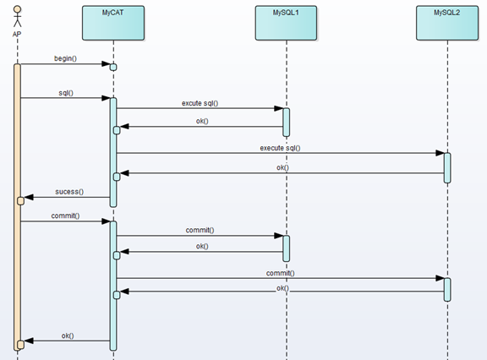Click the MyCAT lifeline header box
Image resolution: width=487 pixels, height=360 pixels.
pos(113,23)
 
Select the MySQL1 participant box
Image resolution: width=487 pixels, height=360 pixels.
pos(286,23)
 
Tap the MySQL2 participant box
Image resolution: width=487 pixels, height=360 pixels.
pos(447,23)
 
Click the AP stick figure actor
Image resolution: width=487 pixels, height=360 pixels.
pos(18,16)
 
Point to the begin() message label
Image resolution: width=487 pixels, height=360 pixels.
pos(65,58)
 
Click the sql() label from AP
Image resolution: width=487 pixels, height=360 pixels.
pos(66,93)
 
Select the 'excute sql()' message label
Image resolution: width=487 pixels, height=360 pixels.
pos(200,103)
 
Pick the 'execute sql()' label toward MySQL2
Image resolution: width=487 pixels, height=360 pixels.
pos(280,148)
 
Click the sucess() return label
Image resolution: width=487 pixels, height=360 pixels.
pos(69,192)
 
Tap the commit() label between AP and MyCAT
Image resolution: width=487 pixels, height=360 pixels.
pos(65,215)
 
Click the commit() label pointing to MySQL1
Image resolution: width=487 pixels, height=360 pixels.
pos(200,230)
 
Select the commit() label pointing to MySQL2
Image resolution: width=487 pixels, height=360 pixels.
pos(281,273)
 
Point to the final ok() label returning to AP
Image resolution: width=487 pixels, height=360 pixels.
pos(68,335)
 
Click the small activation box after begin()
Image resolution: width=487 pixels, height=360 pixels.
pos(113,68)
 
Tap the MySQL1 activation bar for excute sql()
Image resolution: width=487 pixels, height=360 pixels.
pos(287,123)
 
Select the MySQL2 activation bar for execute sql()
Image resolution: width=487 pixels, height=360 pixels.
pos(447,168)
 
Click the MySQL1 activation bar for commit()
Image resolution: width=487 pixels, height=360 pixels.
pos(287,248)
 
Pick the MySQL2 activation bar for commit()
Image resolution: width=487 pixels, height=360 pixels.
pos(447,290)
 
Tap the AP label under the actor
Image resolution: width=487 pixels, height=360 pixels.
pos(17,34)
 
